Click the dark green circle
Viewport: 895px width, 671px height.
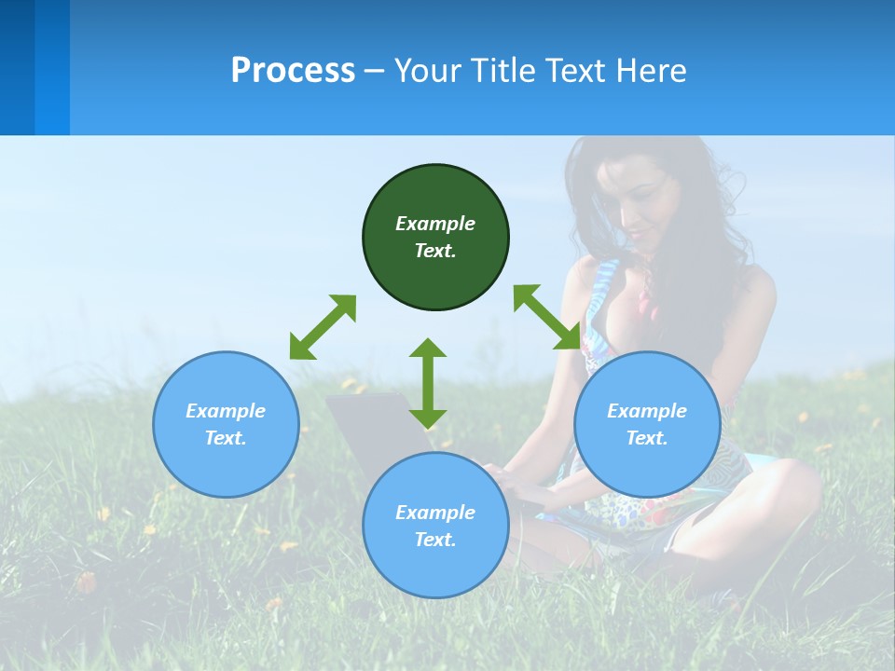tap(435, 238)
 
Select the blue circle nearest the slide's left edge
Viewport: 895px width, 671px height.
tap(226, 424)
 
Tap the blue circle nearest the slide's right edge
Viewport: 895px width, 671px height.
tap(647, 424)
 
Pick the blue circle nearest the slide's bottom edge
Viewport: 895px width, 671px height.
tap(435, 526)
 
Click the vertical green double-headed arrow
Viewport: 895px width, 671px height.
tap(428, 383)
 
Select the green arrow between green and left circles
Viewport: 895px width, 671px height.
tap(323, 327)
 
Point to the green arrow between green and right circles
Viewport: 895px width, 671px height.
tap(547, 318)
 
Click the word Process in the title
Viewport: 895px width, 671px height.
tap(293, 71)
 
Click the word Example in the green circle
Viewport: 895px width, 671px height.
tap(435, 224)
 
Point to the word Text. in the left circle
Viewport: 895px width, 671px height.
tap(226, 438)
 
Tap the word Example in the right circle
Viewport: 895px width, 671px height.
tap(647, 411)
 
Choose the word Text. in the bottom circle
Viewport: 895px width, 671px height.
tap(435, 540)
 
